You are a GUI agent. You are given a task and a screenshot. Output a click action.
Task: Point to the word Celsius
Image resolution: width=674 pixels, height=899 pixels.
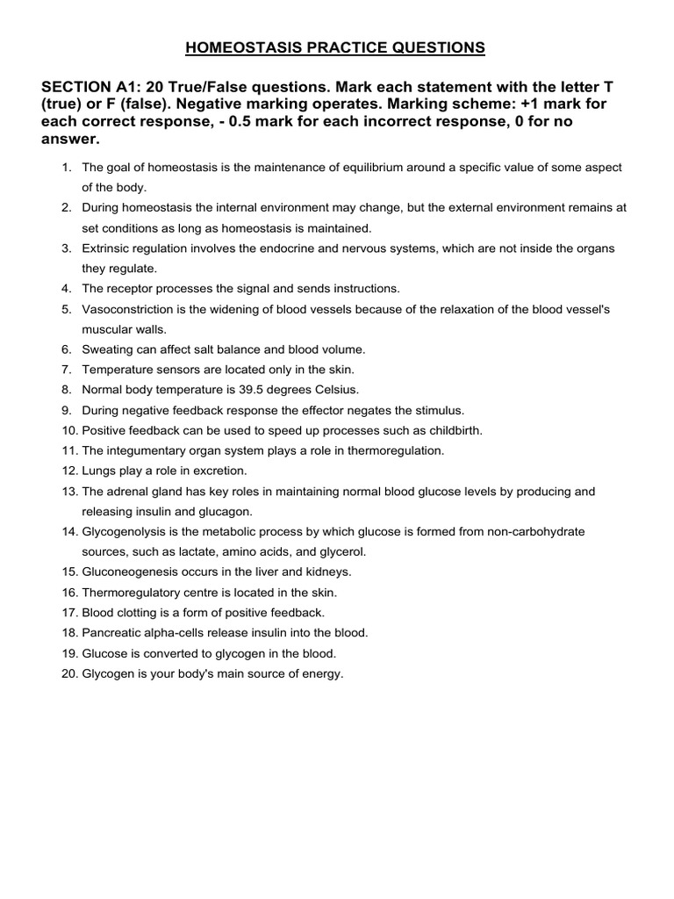(x=338, y=390)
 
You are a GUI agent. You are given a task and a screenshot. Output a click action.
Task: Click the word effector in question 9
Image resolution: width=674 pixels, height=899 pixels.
(x=346, y=410)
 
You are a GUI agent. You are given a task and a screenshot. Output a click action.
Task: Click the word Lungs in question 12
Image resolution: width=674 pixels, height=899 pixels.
(x=98, y=471)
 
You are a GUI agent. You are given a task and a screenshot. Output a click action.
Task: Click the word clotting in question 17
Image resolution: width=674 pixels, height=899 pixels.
(x=133, y=613)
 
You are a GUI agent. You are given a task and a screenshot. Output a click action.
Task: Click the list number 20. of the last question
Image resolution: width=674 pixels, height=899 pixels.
(x=70, y=673)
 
